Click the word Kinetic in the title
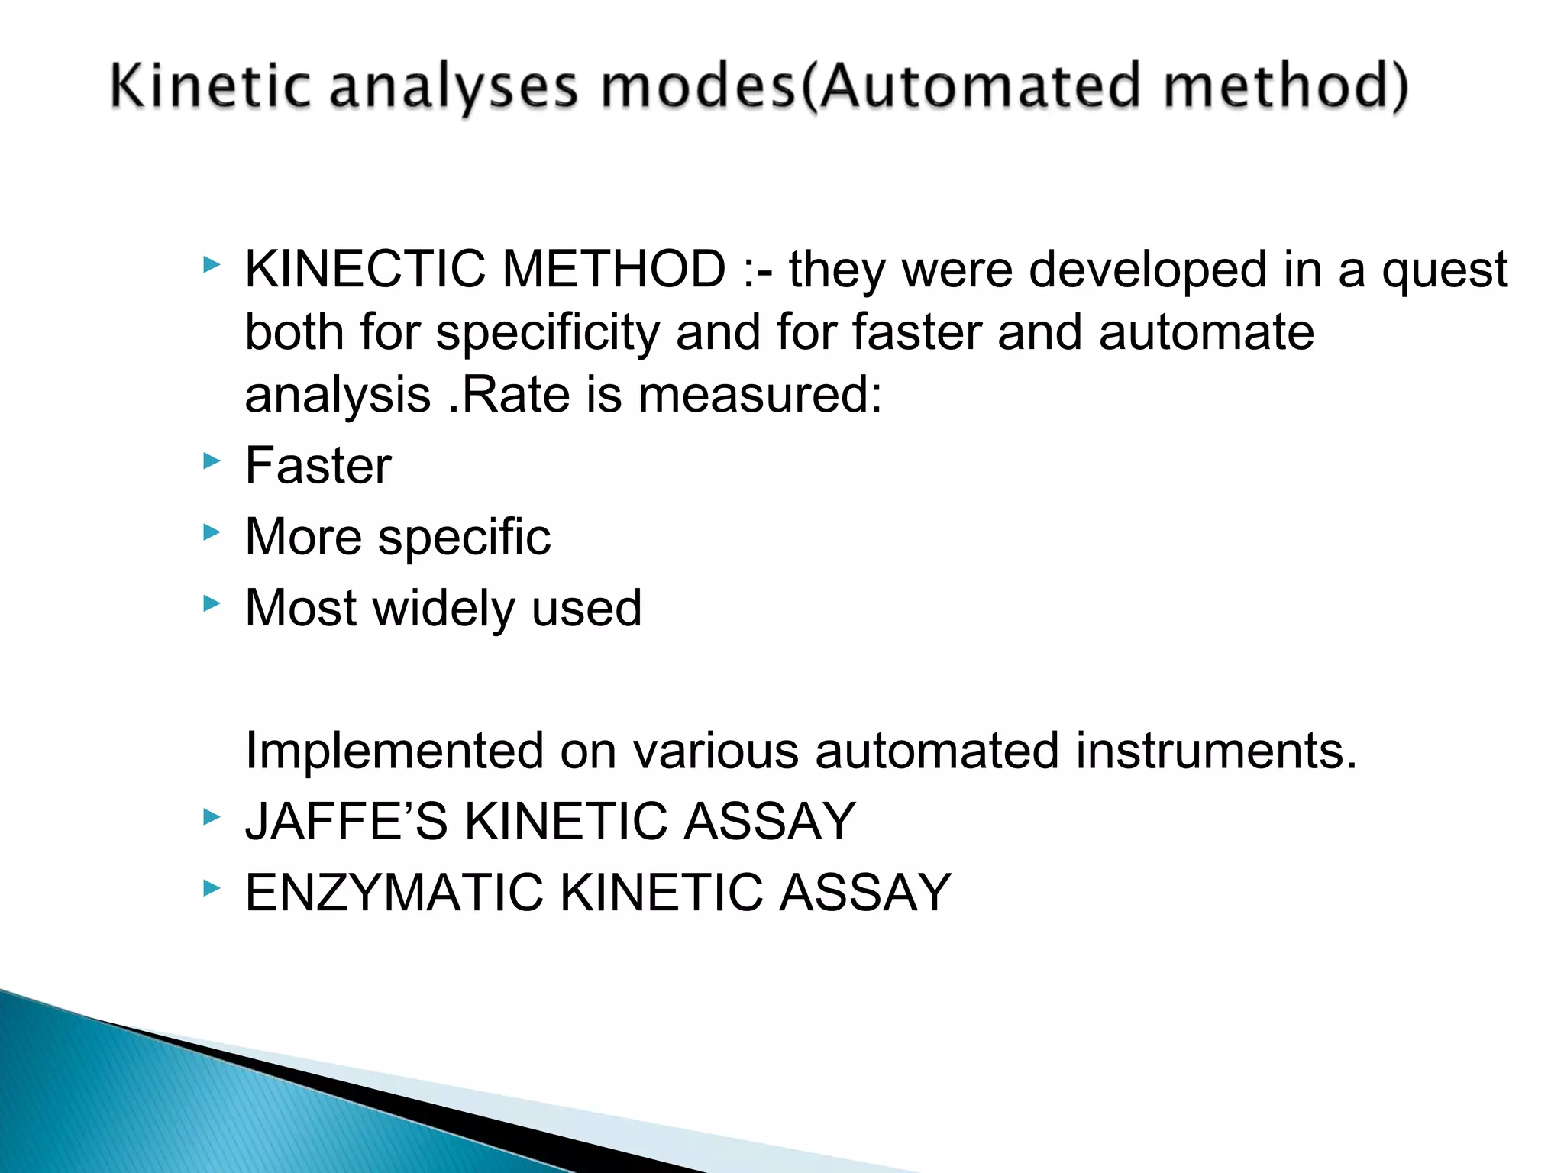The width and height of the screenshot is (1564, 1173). pos(210,86)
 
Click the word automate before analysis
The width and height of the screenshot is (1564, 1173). pos(1206,333)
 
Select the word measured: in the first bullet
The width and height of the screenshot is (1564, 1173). pos(760,395)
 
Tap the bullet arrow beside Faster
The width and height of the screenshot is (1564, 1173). pos(212,460)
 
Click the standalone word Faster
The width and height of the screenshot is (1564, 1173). pos(318,466)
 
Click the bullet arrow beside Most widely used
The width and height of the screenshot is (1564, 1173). pos(212,603)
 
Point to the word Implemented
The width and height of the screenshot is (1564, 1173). pos(393,751)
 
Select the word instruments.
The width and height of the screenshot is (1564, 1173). pos(1216,750)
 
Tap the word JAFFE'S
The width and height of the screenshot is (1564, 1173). pos(346,822)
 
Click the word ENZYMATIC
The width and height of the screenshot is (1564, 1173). pos(393,893)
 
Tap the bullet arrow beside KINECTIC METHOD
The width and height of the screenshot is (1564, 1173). pos(212,265)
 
